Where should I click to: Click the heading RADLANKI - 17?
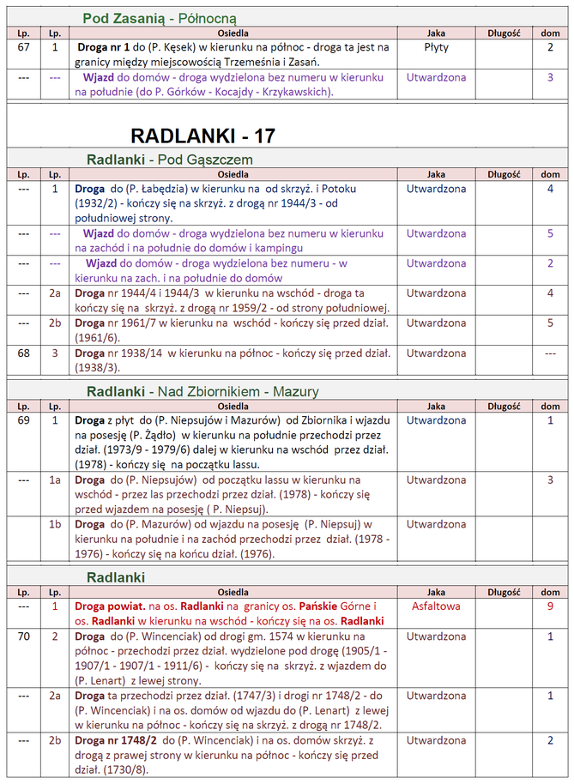point(202,136)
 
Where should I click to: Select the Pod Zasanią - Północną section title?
point(160,17)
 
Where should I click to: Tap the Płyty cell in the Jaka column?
point(436,47)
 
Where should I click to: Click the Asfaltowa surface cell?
point(436,606)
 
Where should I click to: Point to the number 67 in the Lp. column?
point(24,47)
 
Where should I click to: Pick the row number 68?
point(24,353)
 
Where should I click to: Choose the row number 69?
point(24,420)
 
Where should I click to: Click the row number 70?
point(24,636)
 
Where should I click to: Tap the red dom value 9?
point(550,606)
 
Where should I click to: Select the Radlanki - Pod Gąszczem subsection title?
point(169,159)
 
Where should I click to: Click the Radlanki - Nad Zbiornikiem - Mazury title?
point(202,391)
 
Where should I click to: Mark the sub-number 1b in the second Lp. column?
point(55,524)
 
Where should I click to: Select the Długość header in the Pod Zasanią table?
point(505,33)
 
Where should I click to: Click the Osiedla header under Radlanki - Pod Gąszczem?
point(233,174)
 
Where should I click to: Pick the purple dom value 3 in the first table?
point(550,77)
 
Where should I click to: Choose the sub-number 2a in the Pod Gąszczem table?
point(55,292)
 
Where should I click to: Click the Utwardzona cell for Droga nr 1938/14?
point(436,353)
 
